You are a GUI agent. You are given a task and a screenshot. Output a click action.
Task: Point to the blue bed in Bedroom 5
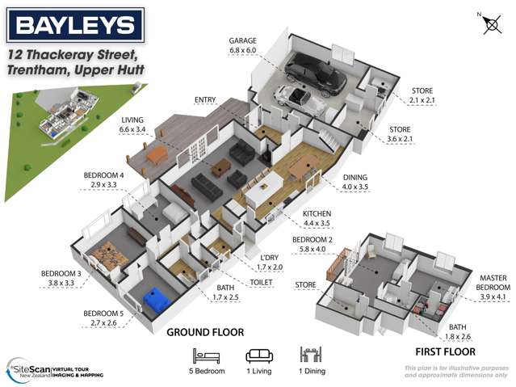[x=156, y=301]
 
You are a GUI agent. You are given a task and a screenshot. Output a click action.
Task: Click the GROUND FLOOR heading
[x=204, y=331]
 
